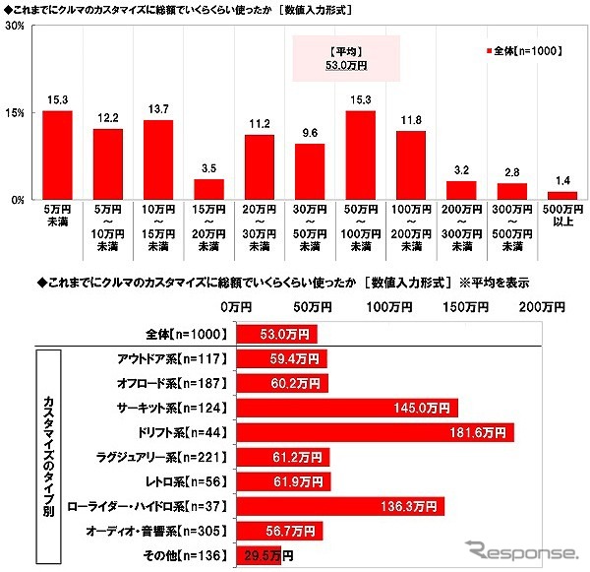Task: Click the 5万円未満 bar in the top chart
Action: (x=58, y=155)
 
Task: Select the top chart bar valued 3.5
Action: (x=208, y=189)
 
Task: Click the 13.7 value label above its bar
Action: (x=158, y=106)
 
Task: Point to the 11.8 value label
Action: (x=410, y=118)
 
